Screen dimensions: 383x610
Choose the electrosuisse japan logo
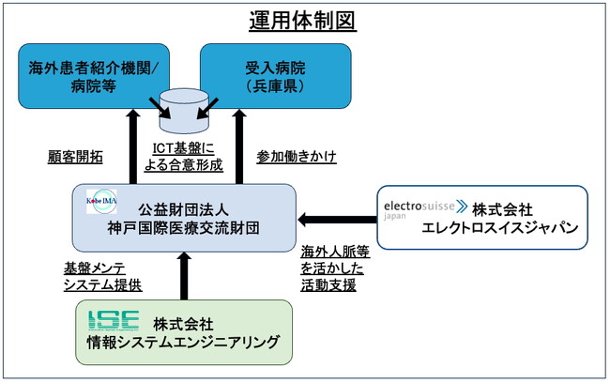point(423,207)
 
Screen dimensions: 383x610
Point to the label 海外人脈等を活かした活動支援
point(332,268)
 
